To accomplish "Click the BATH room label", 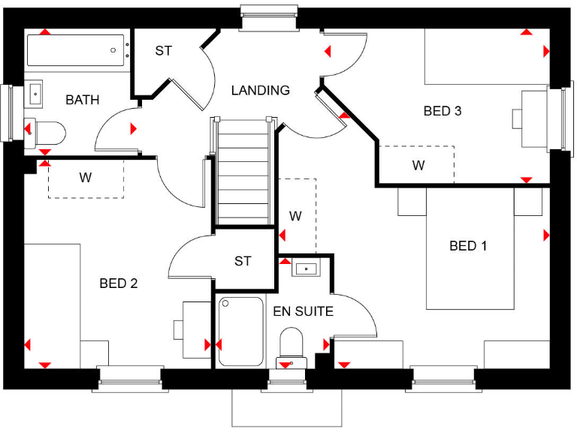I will click(x=82, y=100).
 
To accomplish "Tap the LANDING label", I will click(x=260, y=91).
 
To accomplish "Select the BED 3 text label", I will click(x=443, y=111).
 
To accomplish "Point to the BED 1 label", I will click(x=468, y=246).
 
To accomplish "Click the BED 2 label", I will click(x=119, y=283).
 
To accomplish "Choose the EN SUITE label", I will click(x=304, y=311).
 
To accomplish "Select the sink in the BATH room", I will click(x=36, y=94).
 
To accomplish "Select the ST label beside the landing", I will click(x=163, y=51).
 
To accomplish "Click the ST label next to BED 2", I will click(x=242, y=261).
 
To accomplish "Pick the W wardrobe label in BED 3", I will click(x=418, y=166).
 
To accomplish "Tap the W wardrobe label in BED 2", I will click(x=85, y=178).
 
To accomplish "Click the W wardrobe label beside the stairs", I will click(x=295, y=216).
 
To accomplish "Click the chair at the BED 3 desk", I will click(x=518, y=118).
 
